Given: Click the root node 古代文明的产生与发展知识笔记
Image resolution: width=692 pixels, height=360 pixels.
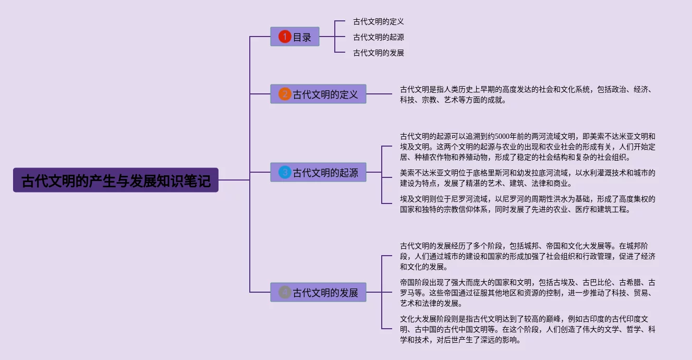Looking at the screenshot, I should [x=115, y=181].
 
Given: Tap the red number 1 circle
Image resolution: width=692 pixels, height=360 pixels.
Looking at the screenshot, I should [x=284, y=37].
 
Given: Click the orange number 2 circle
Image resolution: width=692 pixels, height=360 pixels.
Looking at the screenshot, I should [x=284, y=94].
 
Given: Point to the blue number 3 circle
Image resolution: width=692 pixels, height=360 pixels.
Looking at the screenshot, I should [x=284, y=172].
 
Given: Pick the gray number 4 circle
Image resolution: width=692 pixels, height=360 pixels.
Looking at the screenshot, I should [x=284, y=292].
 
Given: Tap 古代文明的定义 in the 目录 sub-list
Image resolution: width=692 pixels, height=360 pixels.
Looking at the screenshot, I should [x=378, y=21].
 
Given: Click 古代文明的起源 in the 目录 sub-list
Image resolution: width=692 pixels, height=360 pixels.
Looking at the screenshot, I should [x=378, y=37].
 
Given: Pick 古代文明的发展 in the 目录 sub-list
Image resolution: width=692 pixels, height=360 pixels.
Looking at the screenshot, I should [x=378, y=53].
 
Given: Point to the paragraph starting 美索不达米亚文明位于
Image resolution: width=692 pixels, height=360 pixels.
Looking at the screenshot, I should [x=527, y=178].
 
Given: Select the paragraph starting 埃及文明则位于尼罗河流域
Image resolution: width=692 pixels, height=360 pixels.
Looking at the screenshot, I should [x=527, y=204].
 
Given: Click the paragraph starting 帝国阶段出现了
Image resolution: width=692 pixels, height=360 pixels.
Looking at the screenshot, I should [x=527, y=293].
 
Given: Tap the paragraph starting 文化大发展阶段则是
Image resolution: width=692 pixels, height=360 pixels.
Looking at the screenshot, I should [x=527, y=329].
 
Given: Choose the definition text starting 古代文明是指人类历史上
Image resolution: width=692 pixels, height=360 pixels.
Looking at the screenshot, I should [x=526, y=94].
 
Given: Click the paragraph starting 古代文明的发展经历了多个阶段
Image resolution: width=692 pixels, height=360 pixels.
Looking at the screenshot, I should [x=527, y=256].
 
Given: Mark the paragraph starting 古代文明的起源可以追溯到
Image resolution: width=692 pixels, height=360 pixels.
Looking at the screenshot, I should [x=527, y=147].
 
